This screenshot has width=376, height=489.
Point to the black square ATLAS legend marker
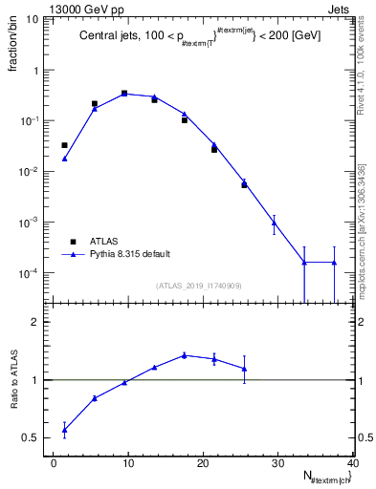click(71, 242)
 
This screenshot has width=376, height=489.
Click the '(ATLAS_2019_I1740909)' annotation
click(199, 286)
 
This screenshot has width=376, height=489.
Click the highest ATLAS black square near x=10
click(124, 94)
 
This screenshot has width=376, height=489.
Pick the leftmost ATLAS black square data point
click(64, 145)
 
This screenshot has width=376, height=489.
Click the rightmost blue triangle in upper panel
click(334, 263)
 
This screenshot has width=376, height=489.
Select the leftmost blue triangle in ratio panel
click(64, 431)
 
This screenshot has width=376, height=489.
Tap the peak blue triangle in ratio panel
click(184, 355)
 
